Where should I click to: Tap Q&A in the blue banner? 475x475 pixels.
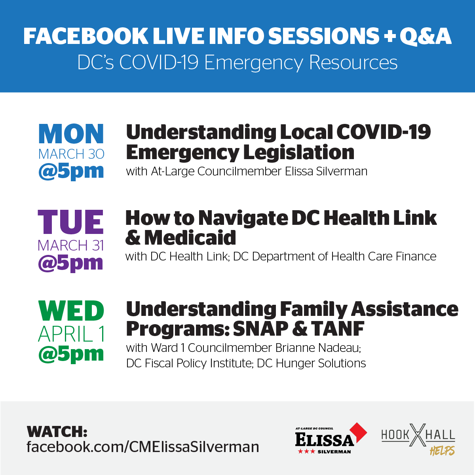coord(426,37)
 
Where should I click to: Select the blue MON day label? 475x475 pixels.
coord(71,134)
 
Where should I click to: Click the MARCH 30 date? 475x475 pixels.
coord(71,154)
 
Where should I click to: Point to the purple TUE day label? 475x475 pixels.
coord(70,222)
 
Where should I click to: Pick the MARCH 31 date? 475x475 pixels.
coord(70,245)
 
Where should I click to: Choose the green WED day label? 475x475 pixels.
coord(71,311)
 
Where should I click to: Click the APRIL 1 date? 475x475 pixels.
coord(71,334)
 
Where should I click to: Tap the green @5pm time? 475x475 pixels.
coord(71,354)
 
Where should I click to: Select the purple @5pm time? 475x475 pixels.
coord(70,263)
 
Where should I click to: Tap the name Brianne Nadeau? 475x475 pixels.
coord(318,348)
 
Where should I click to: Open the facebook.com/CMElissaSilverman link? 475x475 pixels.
coord(143,447)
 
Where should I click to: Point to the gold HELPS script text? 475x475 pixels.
coord(442,451)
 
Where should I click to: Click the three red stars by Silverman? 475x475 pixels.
coord(306,452)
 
